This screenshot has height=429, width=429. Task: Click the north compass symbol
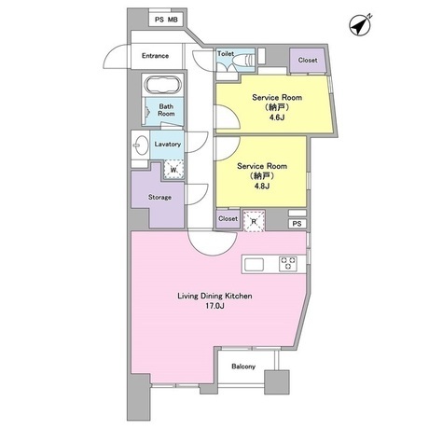360,25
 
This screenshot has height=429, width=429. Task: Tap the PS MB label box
166,20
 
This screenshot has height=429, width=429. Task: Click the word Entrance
155,56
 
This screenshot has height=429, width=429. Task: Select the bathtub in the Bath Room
163,85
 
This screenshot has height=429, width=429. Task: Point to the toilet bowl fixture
245,59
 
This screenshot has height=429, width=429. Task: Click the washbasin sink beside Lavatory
142,145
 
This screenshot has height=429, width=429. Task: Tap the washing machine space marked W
173,170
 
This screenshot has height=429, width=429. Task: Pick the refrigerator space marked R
254,221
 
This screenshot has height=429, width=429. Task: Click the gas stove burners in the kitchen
288,264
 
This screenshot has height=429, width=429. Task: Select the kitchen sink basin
255,265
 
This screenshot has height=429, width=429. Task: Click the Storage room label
159,198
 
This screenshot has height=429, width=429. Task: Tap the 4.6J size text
277,118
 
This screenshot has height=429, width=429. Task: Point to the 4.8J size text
261,187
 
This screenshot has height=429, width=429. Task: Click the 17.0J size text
214,306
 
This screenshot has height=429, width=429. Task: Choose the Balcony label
243,367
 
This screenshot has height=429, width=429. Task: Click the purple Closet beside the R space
228,219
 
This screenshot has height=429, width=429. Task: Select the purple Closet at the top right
308,61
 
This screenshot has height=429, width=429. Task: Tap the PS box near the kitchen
298,224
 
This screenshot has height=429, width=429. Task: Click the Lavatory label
168,145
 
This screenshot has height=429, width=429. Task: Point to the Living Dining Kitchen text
214,296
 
